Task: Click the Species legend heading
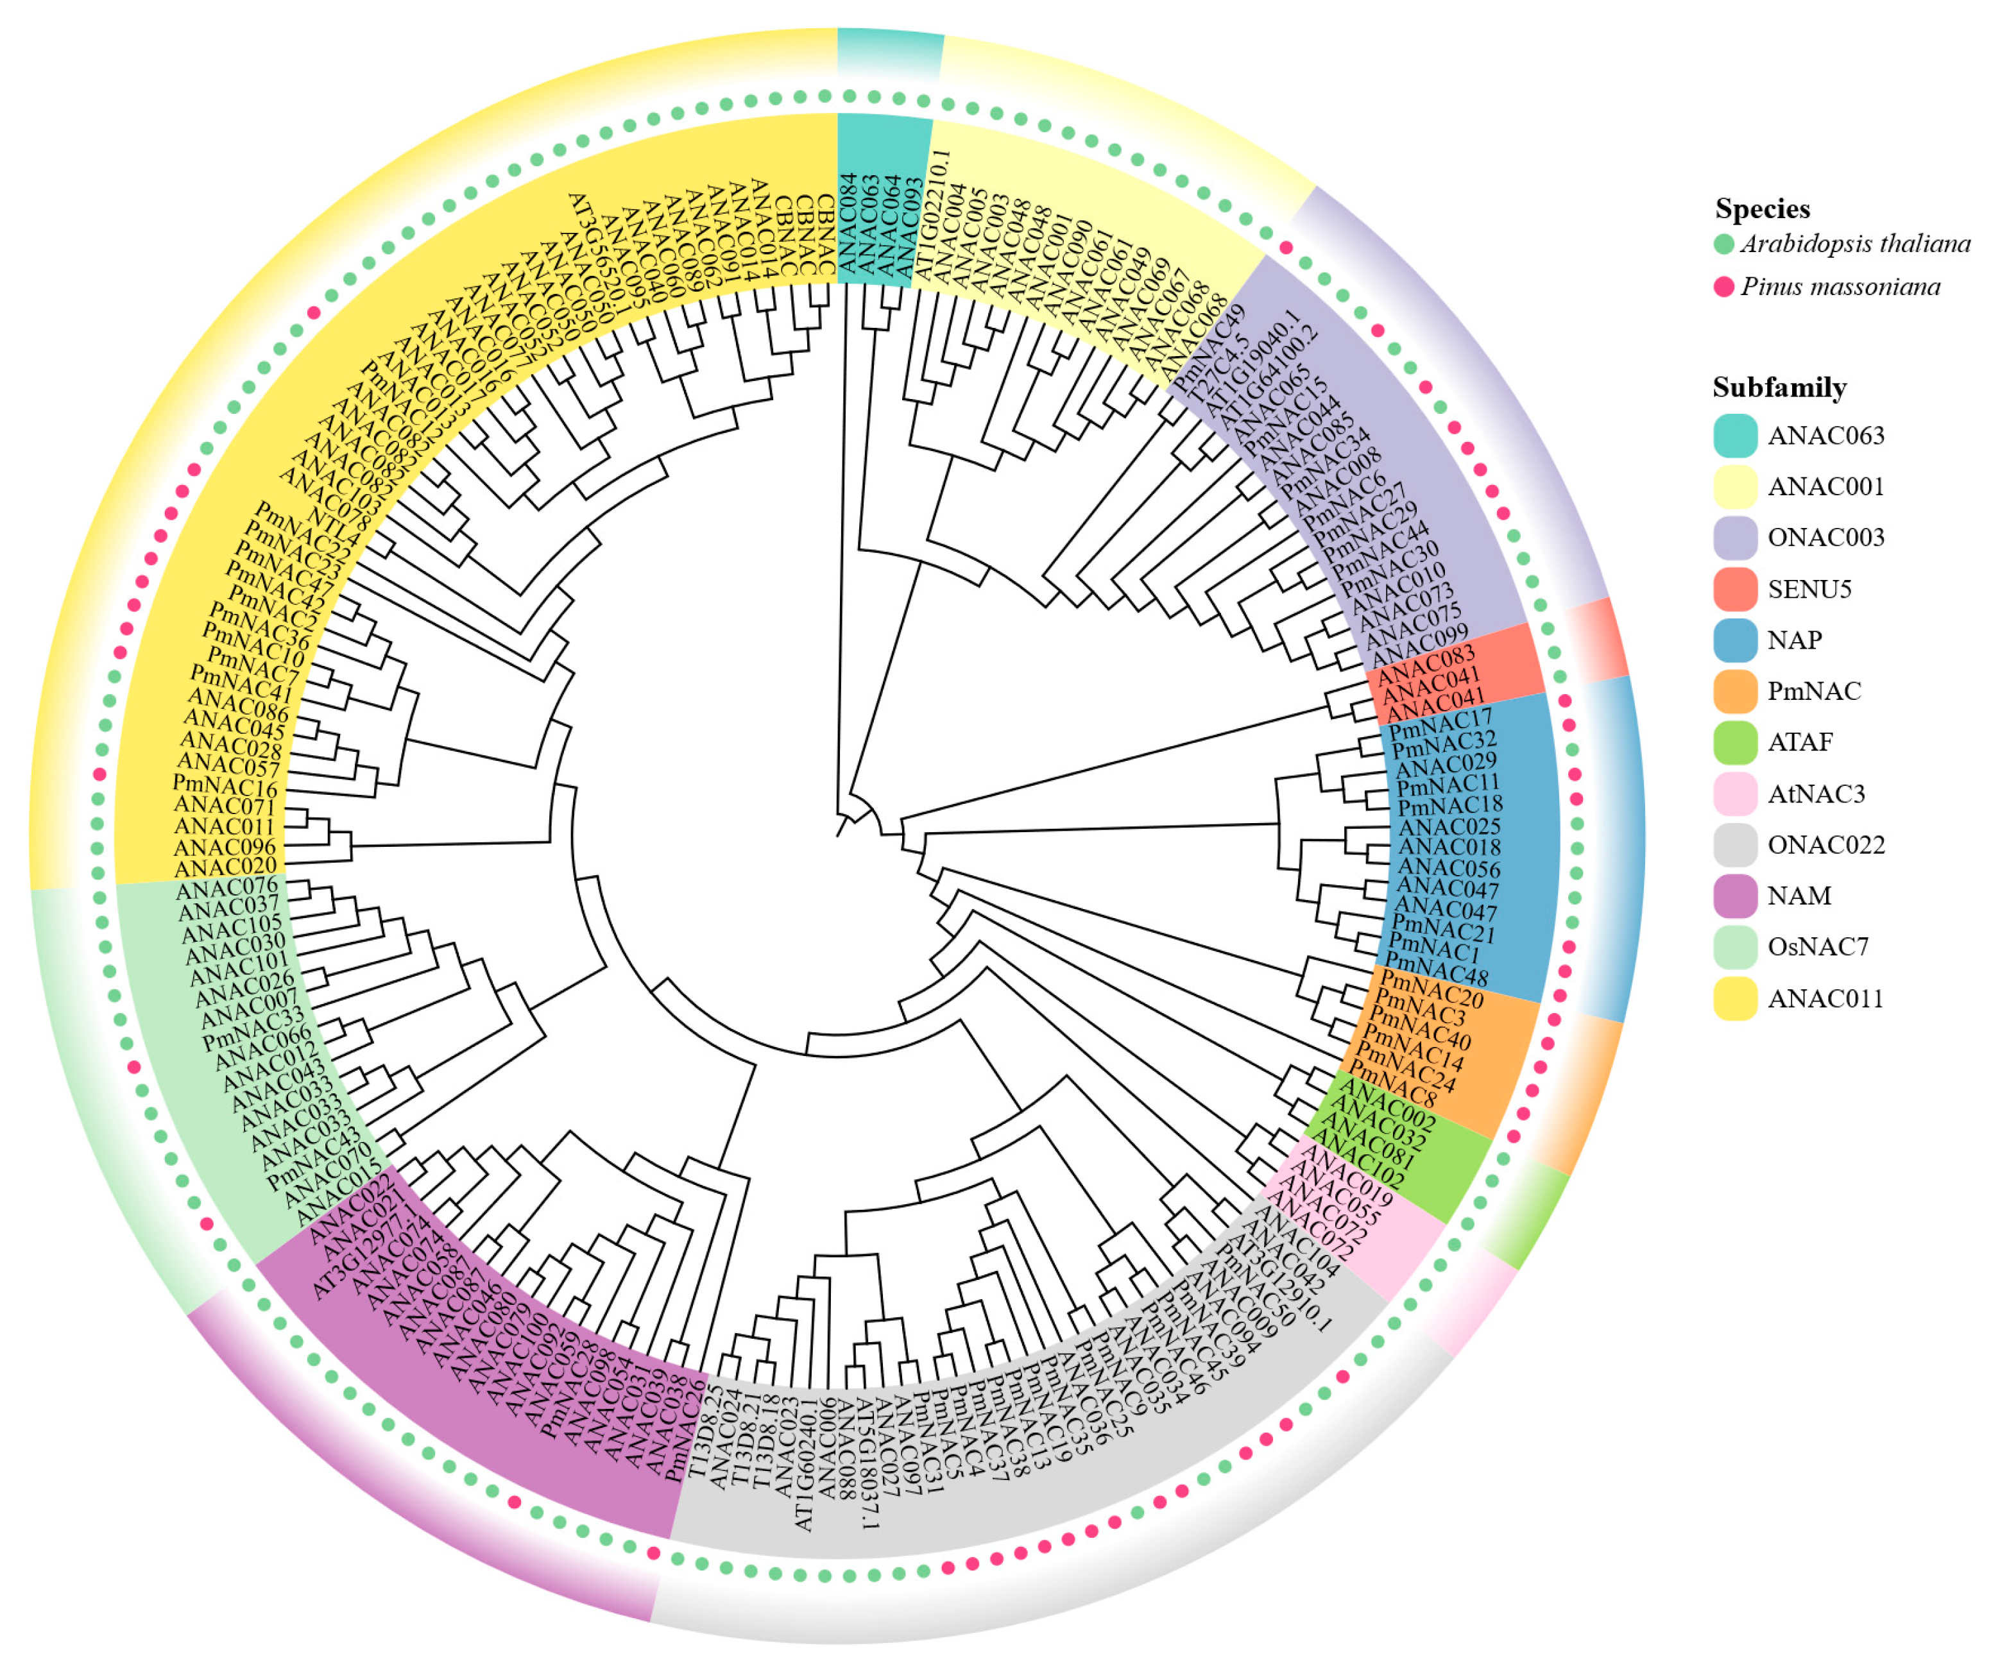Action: click(1762, 209)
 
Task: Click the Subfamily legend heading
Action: click(1779, 388)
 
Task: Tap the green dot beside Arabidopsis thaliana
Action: click(1723, 244)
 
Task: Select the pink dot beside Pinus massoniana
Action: click(1723, 286)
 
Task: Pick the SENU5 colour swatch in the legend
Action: click(1734, 590)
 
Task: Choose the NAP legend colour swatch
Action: click(1734, 640)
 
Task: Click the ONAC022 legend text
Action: click(1825, 844)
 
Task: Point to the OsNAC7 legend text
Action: click(1818, 947)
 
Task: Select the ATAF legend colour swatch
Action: click(1734, 742)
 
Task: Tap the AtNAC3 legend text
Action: click(1816, 794)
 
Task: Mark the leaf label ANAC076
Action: click(226, 890)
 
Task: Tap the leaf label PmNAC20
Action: click(1431, 989)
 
